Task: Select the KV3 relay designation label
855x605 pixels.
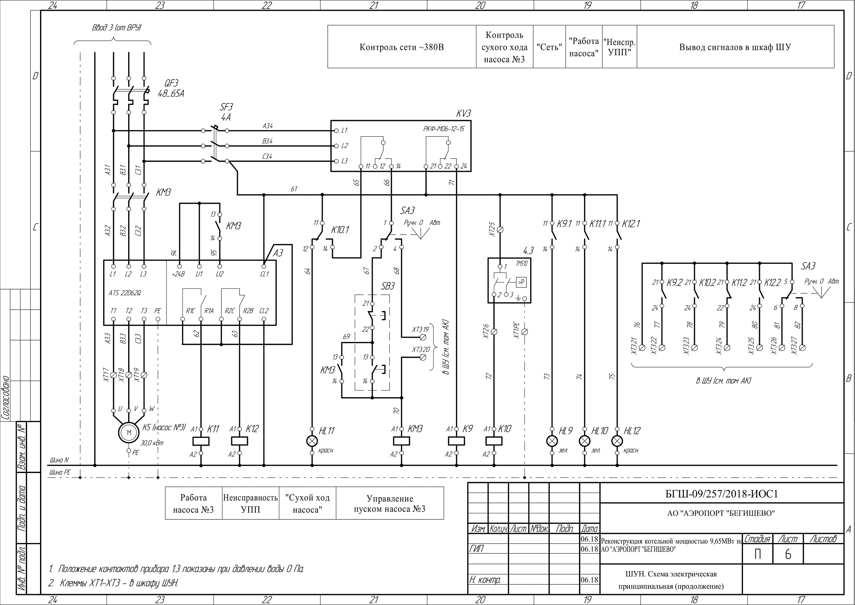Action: click(463, 113)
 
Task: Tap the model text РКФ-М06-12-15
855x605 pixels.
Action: click(444, 129)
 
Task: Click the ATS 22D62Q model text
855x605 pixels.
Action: click(125, 293)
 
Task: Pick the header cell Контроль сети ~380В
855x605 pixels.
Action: click(402, 47)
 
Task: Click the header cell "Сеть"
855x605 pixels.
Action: click(549, 47)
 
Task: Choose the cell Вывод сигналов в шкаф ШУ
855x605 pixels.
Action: click(735, 47)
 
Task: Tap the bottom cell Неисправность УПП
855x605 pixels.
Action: click(250, 503)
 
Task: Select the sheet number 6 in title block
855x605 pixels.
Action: click(788, 555)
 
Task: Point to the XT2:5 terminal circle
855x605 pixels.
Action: click(500, 230)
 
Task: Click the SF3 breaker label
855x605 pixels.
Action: click(226, 112)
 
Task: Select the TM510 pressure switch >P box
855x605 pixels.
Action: click(521, 282)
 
